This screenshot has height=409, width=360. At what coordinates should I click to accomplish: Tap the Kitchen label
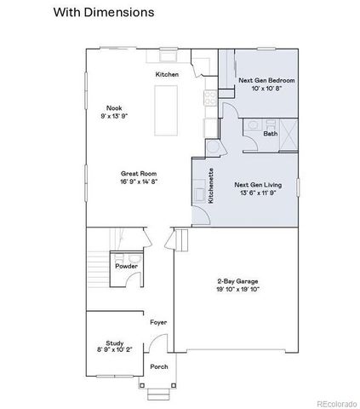[x=166, y=75]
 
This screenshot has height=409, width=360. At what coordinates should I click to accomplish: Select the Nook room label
[x=115, y=107]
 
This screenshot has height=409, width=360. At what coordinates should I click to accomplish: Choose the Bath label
[x=270, y=134]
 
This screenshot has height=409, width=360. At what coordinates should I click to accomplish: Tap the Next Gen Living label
[x=257, y=184]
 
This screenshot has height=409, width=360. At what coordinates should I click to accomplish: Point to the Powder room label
[x=126, y=267]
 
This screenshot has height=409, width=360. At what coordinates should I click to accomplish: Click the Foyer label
[x=158, y=323]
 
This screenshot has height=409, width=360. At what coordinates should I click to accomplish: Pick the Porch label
[x=159, y=366]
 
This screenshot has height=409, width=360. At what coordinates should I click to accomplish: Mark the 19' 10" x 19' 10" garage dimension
[x=237, y=289]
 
